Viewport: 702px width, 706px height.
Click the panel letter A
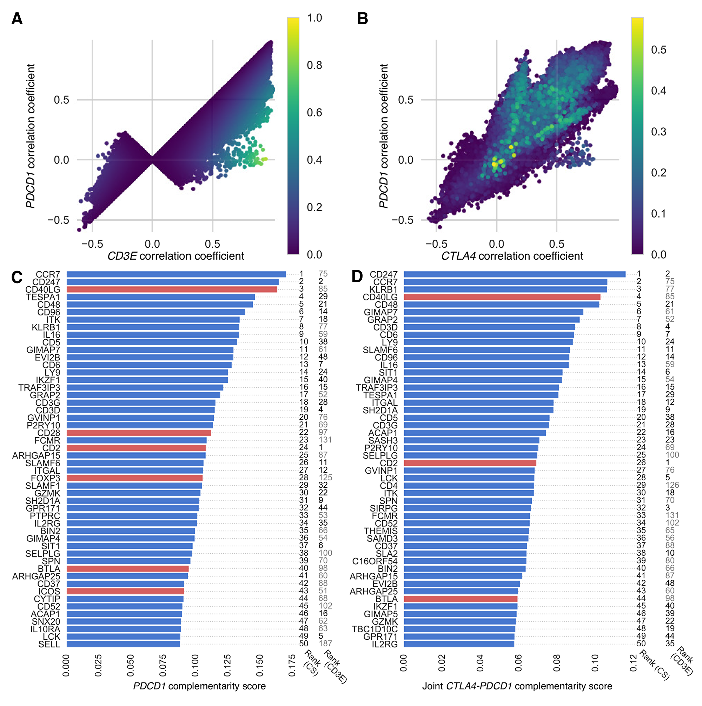coord(17,19)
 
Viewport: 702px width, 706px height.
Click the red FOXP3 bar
coord(134,478)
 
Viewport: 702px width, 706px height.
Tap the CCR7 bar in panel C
coord(176,274)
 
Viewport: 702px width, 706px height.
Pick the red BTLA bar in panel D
coord(460,599)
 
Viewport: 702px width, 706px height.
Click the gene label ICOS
coord(49,591)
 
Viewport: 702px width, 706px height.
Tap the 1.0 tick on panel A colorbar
coord(314,18)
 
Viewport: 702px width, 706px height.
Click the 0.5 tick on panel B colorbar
coord(658,50)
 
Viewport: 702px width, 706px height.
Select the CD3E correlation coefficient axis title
coord(175,256)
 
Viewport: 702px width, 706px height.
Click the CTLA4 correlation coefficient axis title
coord(512,256)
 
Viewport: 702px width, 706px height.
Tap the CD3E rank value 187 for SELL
coord(325,644)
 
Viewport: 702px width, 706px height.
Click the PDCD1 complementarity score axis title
coord(199,686)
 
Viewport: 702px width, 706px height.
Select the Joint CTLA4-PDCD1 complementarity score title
coord(517,686)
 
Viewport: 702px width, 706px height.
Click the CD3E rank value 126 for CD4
coord(672,485)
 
